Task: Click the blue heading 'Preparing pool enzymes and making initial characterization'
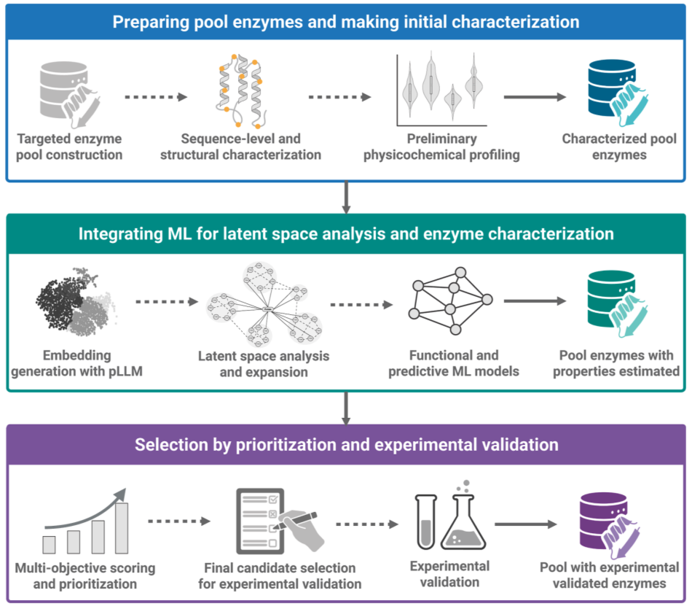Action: [x=346, y=21]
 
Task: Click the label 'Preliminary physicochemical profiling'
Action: [x=442, y=146]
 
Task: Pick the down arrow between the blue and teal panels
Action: [x=346, y=195]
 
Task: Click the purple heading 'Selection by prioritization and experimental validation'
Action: [x=346, y=444]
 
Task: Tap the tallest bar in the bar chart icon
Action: [x=122, y=527]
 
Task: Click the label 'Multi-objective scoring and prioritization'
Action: [x=85, y=575]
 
